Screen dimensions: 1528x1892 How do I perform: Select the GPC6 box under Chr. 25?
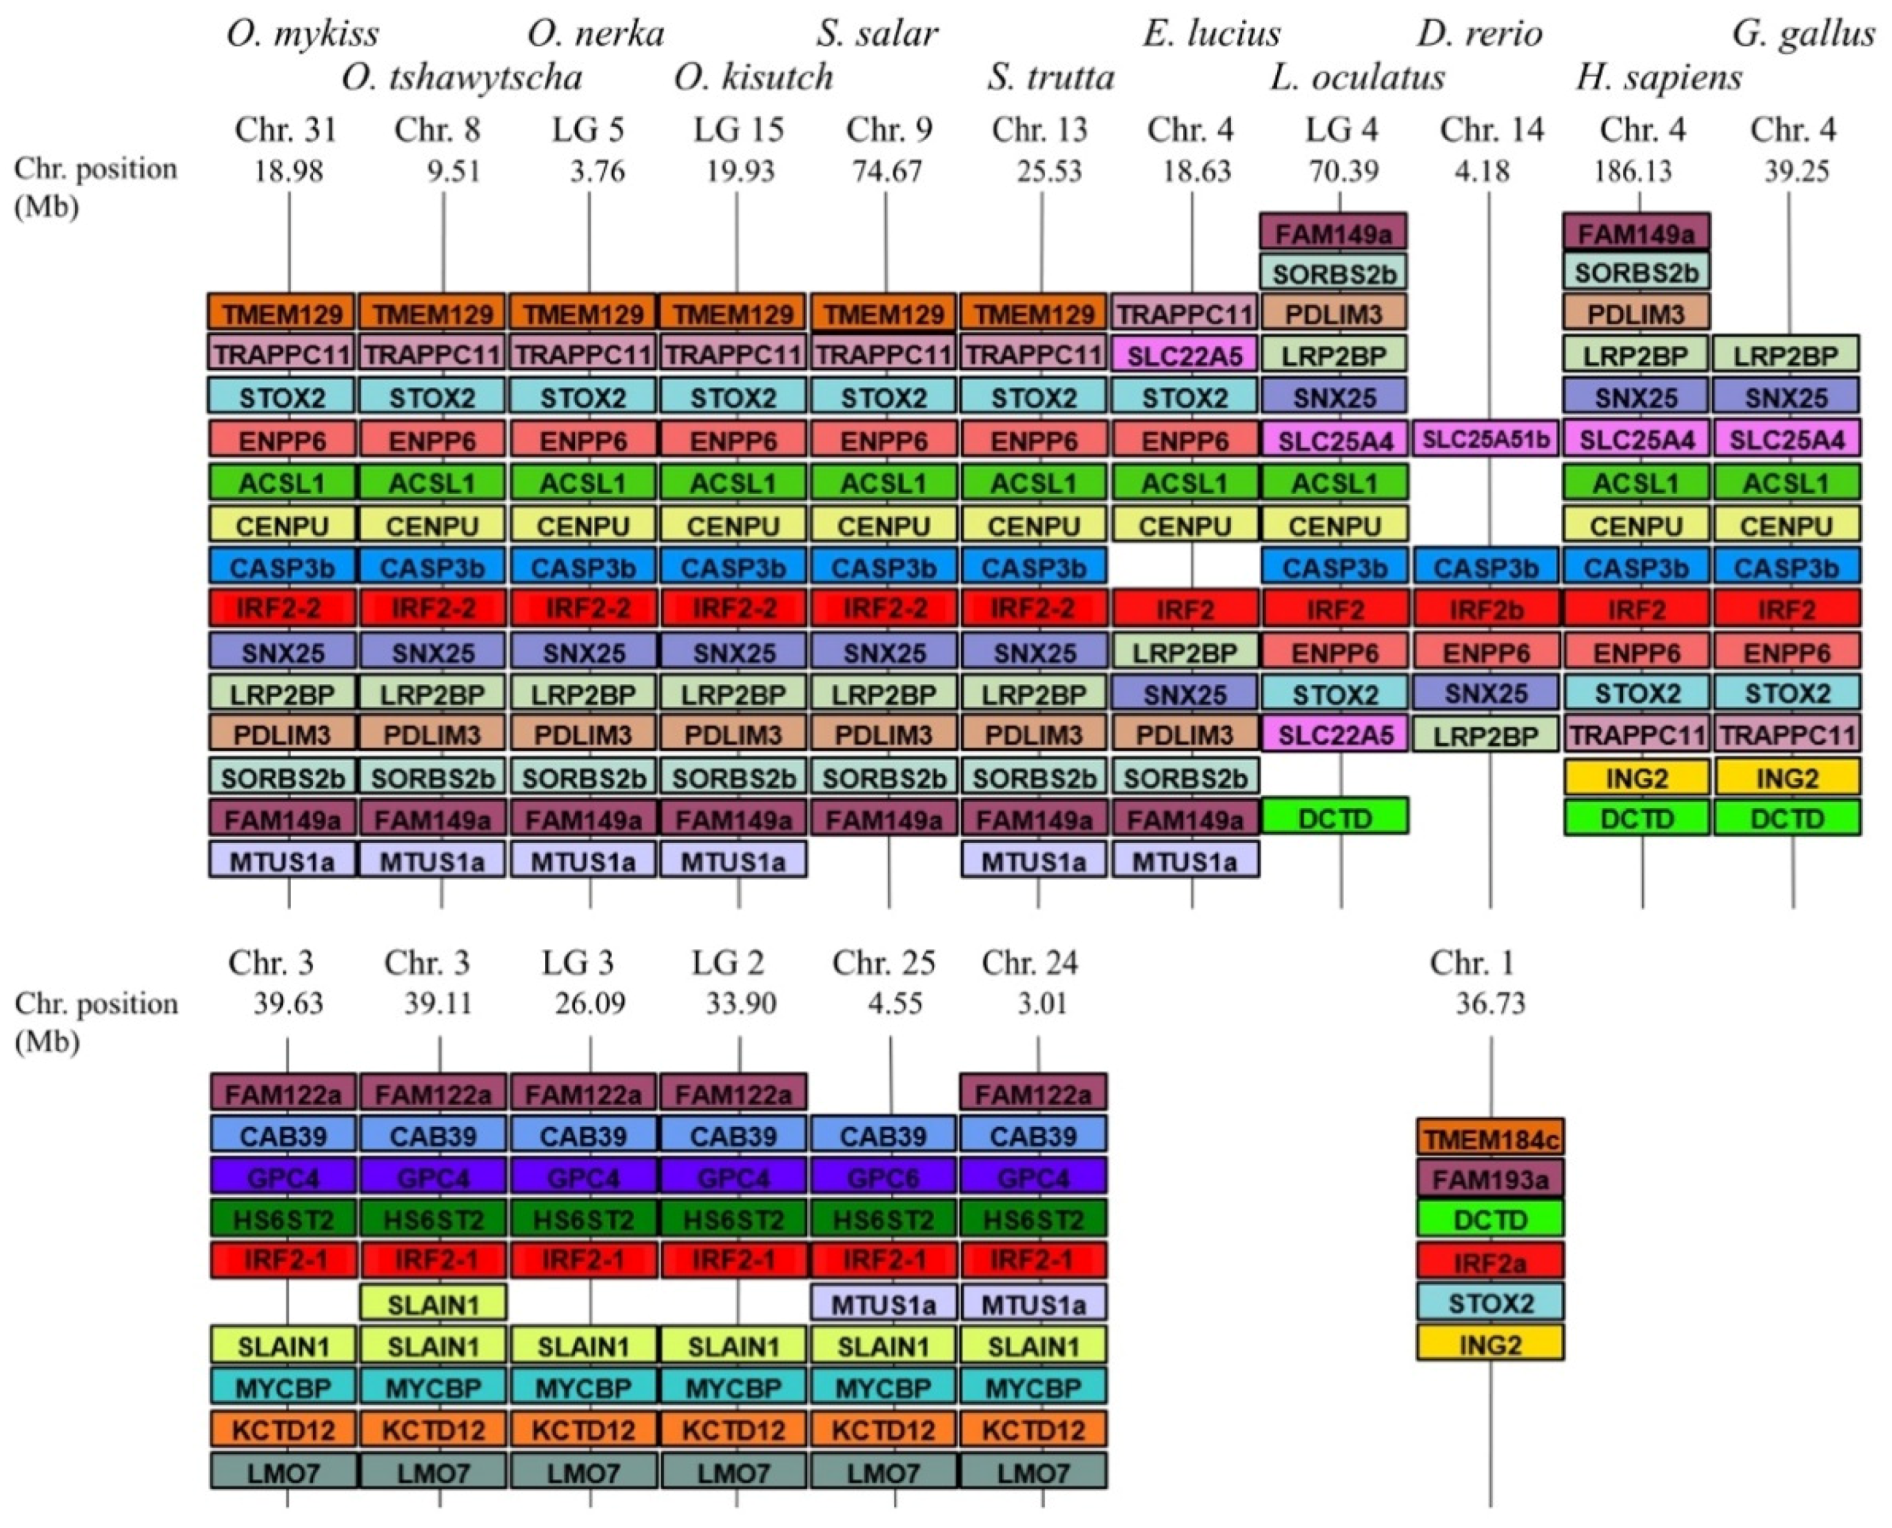[x=884, y=1177]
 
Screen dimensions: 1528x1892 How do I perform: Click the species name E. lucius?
[x=1212, y=34]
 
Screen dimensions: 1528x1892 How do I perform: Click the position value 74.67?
[x=886, y=171]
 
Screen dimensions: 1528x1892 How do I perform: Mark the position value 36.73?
[x=1490, y=1003]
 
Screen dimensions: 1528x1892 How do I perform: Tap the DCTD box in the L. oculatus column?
[x=1335, y=819]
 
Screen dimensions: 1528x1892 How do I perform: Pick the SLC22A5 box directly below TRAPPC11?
[x=1185, y=356]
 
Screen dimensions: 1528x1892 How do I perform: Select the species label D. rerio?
[x=1480, y=34]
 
